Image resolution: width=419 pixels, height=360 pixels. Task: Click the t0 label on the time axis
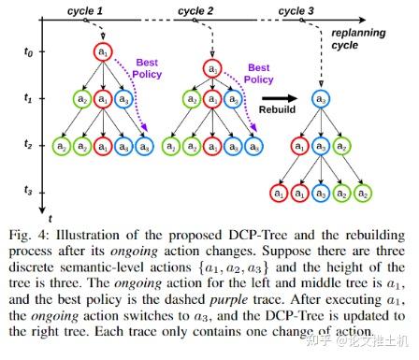[x=27, y=53]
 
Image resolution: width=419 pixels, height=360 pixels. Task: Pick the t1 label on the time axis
[x=27, y=96]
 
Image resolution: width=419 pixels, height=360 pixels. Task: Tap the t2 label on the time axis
[x=27, y=146]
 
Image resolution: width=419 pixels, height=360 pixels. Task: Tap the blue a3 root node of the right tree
[x=320, y=97]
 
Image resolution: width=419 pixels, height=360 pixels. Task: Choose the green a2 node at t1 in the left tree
[x=82, y=97]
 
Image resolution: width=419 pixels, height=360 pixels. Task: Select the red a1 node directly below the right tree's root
[x=299, y=146]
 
